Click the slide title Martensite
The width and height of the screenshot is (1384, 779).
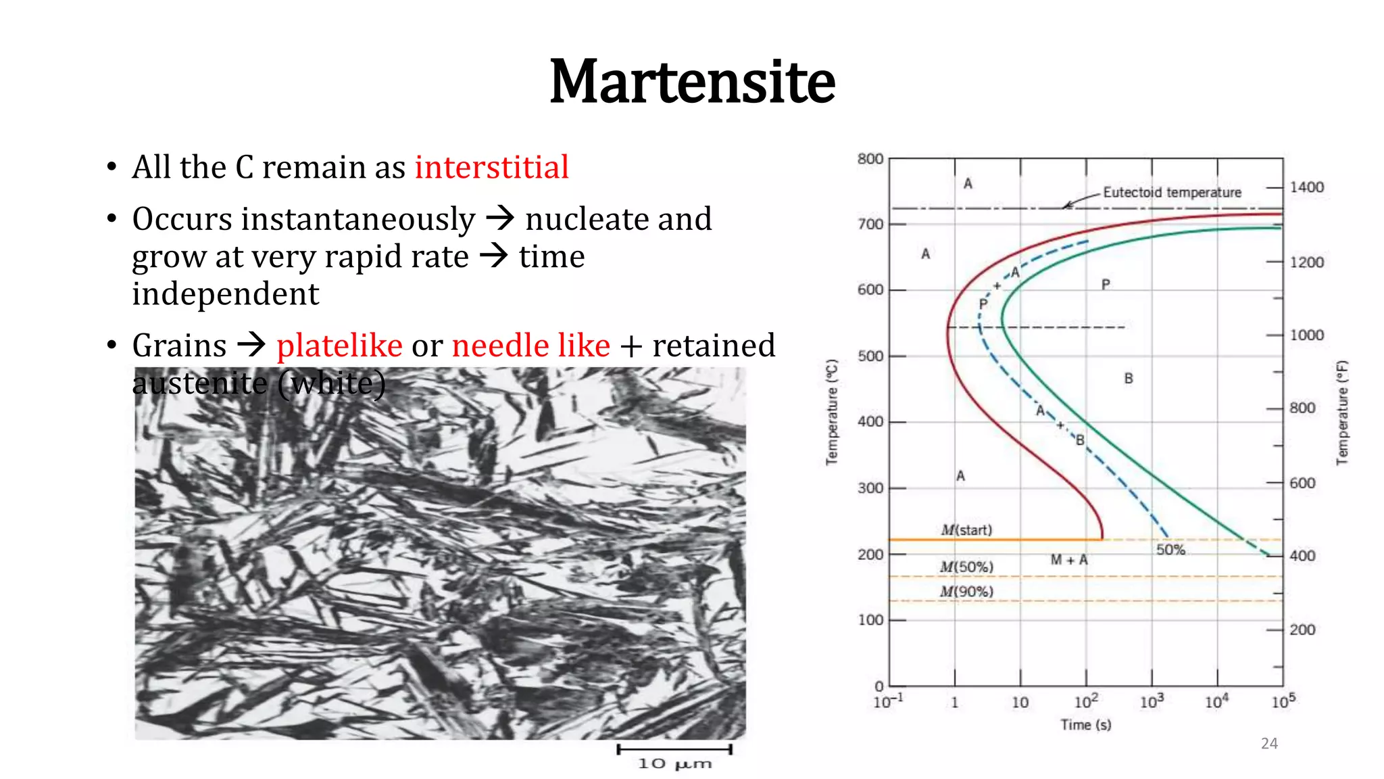coord(692,82)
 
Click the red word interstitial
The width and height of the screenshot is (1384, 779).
coord(491,167)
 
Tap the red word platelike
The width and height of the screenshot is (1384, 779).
coord(339,346)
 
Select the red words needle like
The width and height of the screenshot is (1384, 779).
coord(531,346)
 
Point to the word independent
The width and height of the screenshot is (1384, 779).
coord(225,294)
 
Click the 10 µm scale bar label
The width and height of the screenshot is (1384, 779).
coord(674,763)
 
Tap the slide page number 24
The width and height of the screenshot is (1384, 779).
coord(1269,743)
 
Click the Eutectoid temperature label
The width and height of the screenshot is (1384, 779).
coord(1172,192)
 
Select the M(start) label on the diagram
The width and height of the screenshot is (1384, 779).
coord(966,530)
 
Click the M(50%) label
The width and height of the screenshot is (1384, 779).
coord(966,567)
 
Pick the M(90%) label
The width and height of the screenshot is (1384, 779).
coord(966,592)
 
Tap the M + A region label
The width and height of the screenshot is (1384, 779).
coord(1069,560)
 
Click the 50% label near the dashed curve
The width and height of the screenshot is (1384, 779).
coord(1170,550)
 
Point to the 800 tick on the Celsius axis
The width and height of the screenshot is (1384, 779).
coord(870,159)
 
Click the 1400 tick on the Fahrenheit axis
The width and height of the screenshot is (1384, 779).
coord(1306,187)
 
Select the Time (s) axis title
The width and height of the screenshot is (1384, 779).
coord(1085,725)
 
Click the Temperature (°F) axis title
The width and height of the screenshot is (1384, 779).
coord(1342,412)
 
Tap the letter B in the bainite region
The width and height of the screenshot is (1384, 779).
coord(1129,379)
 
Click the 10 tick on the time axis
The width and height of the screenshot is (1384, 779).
coord(1020,703)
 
